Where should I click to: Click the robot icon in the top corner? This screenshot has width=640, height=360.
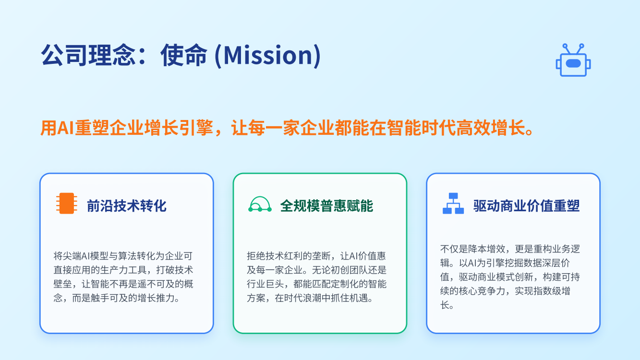point(573,60)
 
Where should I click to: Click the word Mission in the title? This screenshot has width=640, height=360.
point(268,55)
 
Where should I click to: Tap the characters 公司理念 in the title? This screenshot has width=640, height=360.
point(88,55)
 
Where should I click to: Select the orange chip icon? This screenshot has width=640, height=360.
point(67,204)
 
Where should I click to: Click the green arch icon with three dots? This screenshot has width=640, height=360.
point(260,204)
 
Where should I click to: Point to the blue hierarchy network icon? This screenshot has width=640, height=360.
point(453,204)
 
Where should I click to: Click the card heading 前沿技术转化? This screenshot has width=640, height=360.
point(127,206)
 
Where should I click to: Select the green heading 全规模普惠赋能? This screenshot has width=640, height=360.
point(326,206)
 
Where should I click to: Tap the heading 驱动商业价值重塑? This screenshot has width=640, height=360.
point(527,206)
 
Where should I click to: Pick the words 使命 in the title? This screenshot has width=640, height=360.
point(184,55)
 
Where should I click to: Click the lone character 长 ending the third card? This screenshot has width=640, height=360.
point(445,305)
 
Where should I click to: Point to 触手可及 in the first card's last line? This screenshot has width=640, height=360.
point(109,298)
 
